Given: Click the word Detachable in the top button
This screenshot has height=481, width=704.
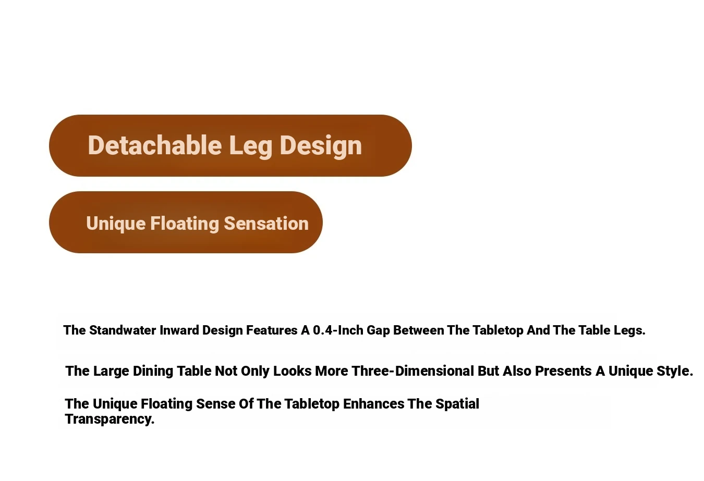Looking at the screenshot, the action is click(155, 145).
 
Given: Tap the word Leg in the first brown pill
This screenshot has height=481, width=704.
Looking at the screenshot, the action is click(251, 147).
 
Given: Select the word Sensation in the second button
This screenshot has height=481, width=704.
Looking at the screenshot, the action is click(266, 224).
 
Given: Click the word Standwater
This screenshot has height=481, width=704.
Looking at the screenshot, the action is click(123, 330).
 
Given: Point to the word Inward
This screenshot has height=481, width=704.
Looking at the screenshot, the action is click(179, 330).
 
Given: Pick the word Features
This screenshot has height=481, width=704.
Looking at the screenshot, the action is click(272, 330).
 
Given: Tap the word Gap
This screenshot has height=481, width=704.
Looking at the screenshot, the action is click(379, 331).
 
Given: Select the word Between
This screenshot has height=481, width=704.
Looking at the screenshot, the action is click(419, 330).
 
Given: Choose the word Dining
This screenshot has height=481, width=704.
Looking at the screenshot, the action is click(153, 372).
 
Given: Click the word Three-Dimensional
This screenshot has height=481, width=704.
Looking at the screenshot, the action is click(412, 371).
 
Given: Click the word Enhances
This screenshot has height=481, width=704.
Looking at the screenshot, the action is click(374, 404).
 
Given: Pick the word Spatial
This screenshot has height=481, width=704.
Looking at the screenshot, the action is click(457, 405).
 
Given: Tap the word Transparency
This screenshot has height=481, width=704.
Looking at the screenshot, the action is click(110, 420).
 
